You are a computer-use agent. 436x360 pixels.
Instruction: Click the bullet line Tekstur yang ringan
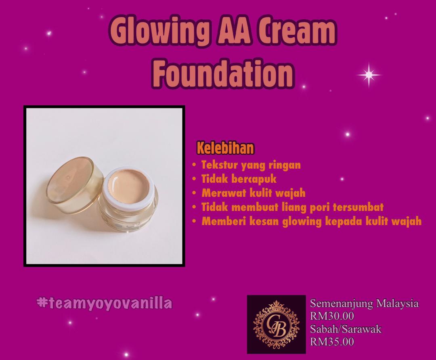pyautogui.click(x=251, y=165)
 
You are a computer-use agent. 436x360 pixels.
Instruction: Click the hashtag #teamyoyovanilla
pyautogui.click(x=104, y=303)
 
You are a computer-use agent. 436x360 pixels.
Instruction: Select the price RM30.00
pyautogui.click(x=332, y=316)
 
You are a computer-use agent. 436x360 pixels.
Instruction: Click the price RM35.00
pyautogui.click(x=332, y=341)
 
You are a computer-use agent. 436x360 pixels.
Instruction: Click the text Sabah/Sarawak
pyautogui.click(x=346, y=329)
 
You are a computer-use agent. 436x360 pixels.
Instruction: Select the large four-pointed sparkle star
pyautogui.click(x=369, y=75)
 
